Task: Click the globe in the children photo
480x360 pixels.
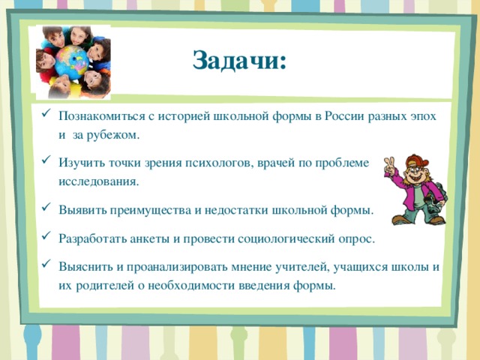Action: (x=73, y=61)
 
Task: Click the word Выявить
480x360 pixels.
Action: (x=79, y=209)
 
